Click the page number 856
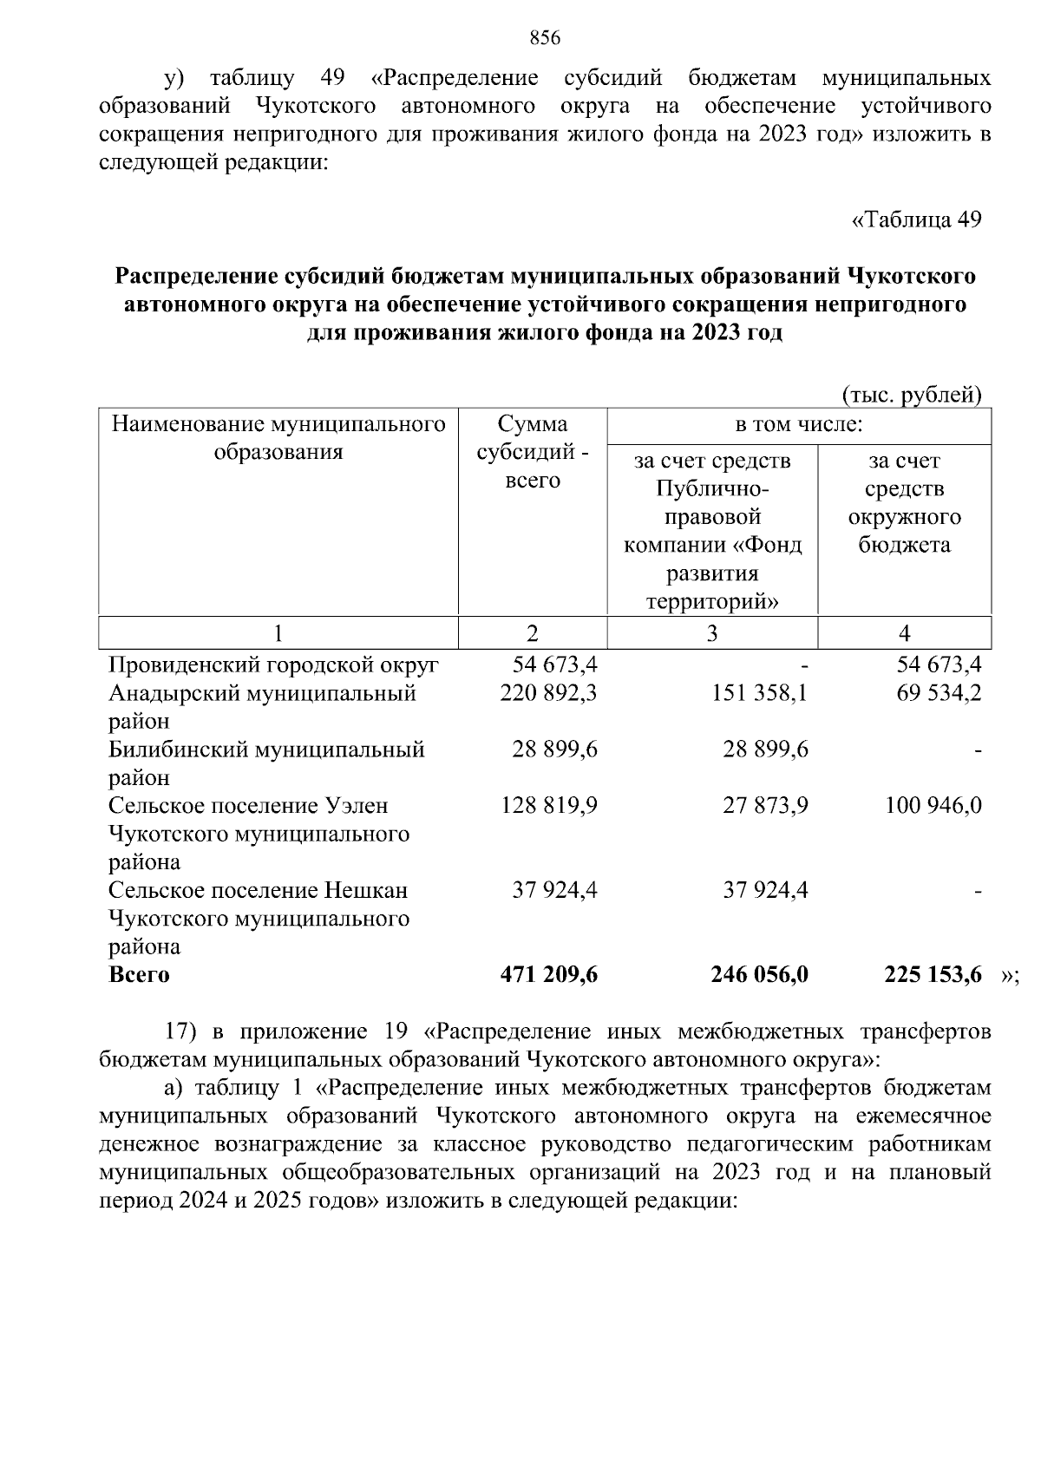[545, 37]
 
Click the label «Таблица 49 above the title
[917, 219]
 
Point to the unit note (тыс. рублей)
[912, 396]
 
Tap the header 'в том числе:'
[799, 425]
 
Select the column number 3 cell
[711, 633]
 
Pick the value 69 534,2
[939, 693]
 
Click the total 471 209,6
[548, 974]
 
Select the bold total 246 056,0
[759, 974]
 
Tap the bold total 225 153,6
[933, 974]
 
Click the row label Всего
[139, 974]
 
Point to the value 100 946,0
[933, 806]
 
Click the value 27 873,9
[765, 806]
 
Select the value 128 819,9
[548, 806]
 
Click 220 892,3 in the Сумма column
[548, 693]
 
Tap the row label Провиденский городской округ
[273, 665]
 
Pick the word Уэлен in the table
[357, 806]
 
